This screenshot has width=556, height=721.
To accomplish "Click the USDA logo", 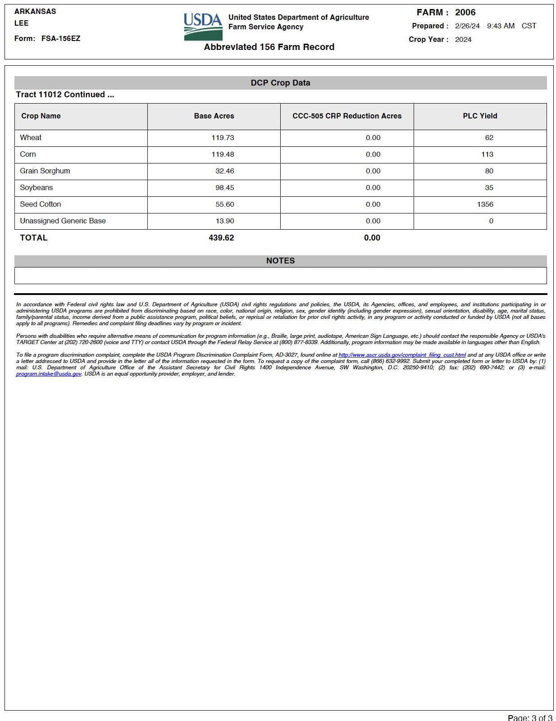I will pyautogui.click(x=203, y=27).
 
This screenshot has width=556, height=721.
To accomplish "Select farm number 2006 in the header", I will pyautogui.click(x=465, y=13).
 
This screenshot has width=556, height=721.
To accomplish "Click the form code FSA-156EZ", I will pyautogui.click(x=61, y=39).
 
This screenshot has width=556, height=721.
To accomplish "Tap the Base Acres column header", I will pyautogui.click(x=214, y=116).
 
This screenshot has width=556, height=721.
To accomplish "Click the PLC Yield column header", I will pyautogui.click(x=480, y=116).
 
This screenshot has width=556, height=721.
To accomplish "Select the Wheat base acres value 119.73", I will pyautogui.click(x=223, y=138).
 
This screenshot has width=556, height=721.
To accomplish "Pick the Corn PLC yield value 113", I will pyautogui.click(x=487, y=154).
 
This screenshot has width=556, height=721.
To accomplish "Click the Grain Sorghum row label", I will pyautogui.click(x=45, y=171).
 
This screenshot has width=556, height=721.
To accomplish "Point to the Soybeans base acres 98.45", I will pyautogui.click(x=224, y=188).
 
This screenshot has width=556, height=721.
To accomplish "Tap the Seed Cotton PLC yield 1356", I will pyautogui.click(x=485, y=204).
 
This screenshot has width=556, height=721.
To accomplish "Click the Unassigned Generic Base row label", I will pyautogui.click(x=63, y=221).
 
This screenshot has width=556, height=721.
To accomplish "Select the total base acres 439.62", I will pyautogui.click(x=221, y=238).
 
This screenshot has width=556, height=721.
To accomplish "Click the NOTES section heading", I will pyautogui.click(x=280, y=261).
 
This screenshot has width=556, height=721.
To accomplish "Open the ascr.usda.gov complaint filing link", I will pyautogui.click(x=402, y=355).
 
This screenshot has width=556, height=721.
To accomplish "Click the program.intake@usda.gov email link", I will pyautogui.click(x=49, y=374).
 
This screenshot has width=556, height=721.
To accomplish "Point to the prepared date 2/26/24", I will pyautogui.click(x=467, y=26).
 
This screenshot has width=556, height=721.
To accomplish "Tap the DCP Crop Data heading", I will pyautogui.click(x=280, y=83).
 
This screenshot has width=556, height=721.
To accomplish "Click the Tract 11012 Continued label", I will pyautogui.click(x=65, y=95).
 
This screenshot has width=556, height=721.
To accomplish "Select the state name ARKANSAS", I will pyautogui.click(x=35, y=12).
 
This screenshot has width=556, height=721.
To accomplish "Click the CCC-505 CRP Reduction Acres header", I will pyautogui.click(x=347, y=116).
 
